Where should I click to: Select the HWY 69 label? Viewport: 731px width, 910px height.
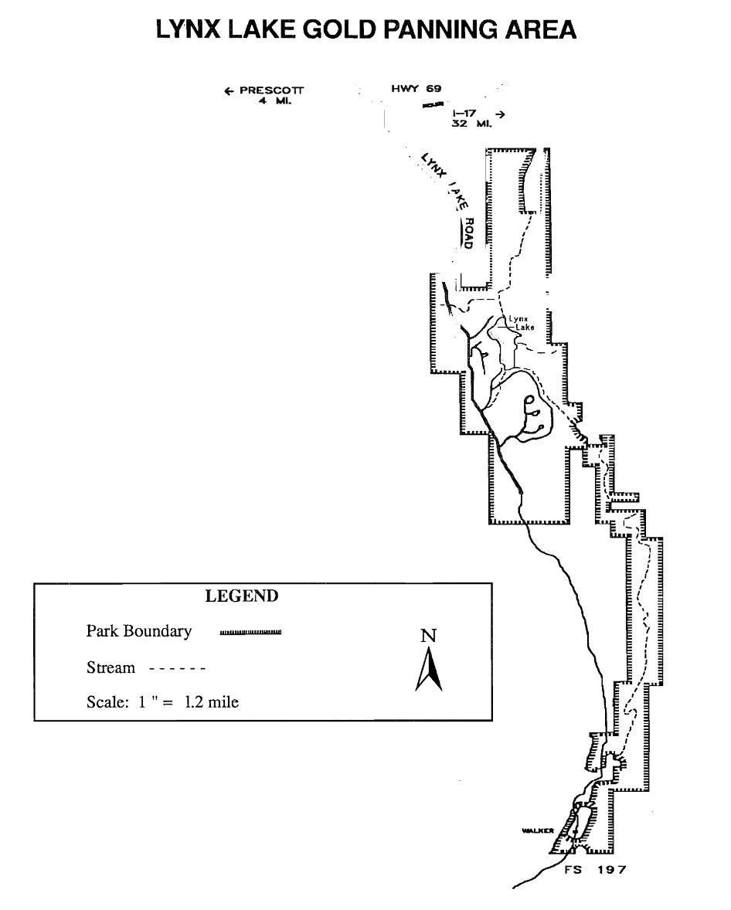[x=416, y=89]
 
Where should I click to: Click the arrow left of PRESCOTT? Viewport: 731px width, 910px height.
[x=229, y=91]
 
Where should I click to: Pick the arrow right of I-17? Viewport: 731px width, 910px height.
[x=500, y=114]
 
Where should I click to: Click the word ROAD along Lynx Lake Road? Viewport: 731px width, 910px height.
[x=467, y=233]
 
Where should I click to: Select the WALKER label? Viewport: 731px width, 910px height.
[x=538, y=830]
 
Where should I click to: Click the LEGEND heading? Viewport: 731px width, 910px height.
[x=241, y=596]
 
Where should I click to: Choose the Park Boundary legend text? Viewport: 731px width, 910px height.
[x=139, y=631]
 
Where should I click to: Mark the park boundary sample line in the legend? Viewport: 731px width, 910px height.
[x=250, y=632]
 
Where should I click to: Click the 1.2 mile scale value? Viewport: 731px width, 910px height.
[x=211, y=702]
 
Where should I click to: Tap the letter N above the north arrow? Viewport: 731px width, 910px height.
[x=428, y=636]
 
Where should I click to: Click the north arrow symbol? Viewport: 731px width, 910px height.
[x=429, y=669]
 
